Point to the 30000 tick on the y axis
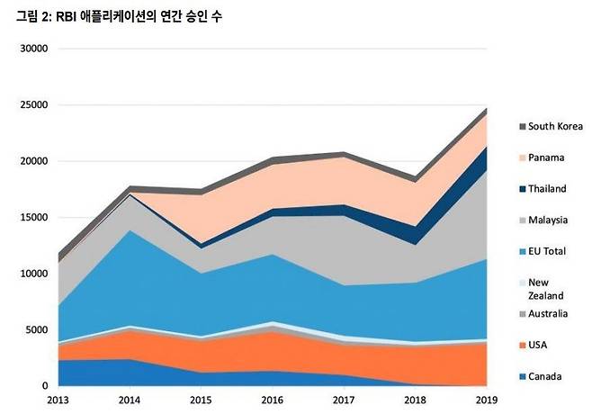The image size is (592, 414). tap(32, 49)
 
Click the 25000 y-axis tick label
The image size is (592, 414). tap(32, 104)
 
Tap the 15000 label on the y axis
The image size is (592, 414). tap(32, 217)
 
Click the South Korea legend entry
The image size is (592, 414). tap(555, 126)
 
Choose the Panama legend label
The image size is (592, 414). tap(546, 157)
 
